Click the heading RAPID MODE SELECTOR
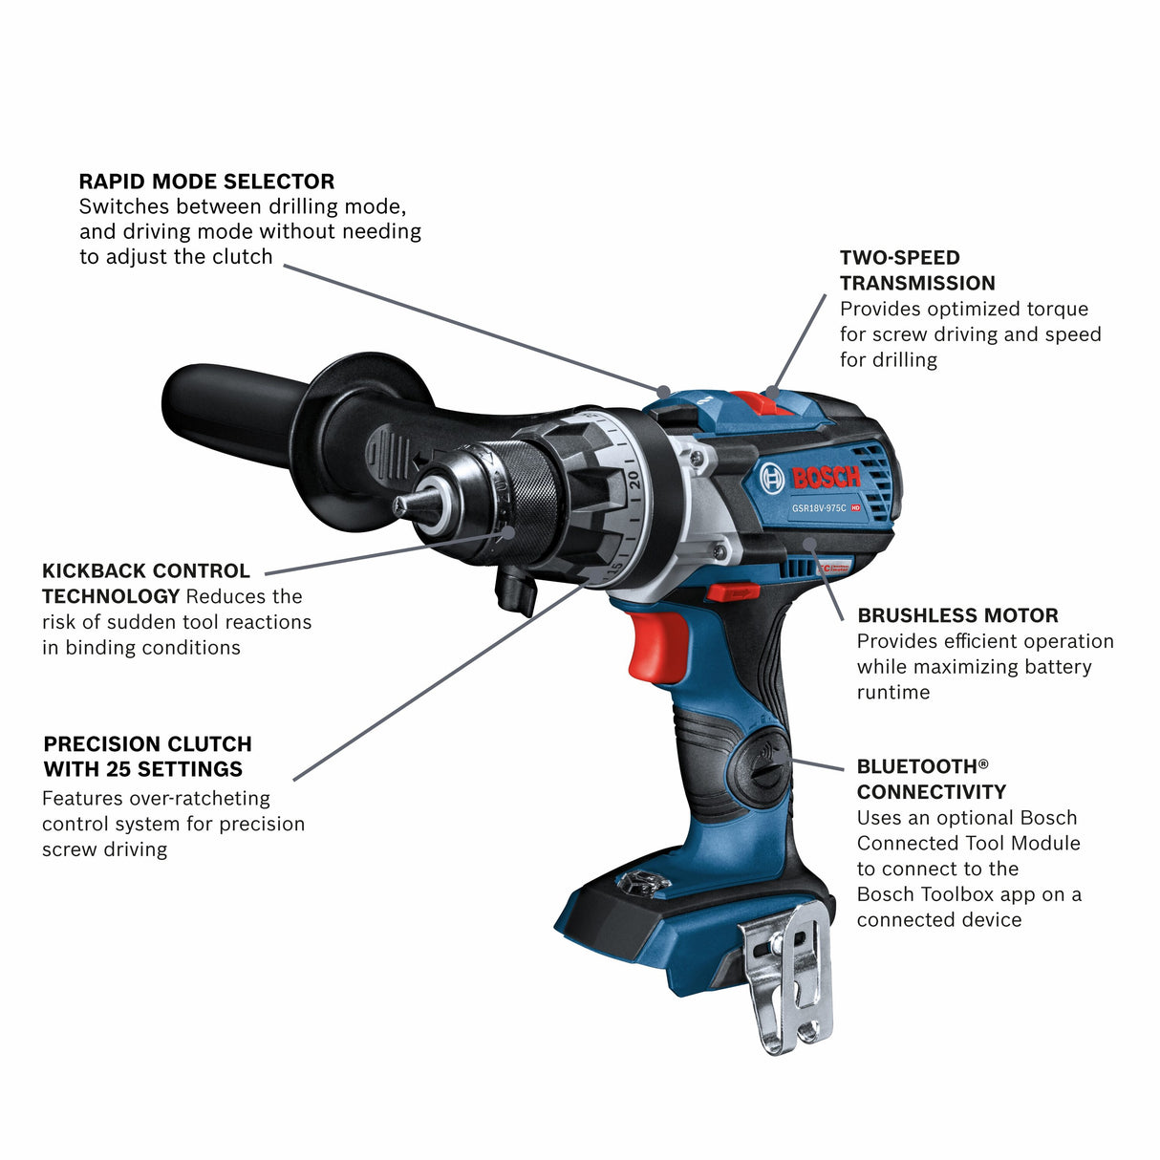206,182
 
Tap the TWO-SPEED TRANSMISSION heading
916,270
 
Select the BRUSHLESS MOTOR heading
957,615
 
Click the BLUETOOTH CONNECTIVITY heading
931,779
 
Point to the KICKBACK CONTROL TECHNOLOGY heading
145,583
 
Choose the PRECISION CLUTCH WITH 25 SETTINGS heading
147,756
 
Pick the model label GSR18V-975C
819,508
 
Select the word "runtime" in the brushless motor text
892,693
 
